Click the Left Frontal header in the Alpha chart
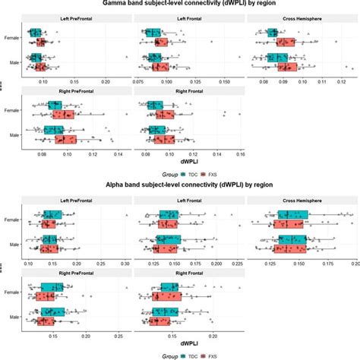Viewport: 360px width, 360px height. point(188,201)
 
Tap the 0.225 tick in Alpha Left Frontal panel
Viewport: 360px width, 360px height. point(237,262)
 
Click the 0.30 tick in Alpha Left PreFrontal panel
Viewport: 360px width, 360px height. point(126,262)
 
